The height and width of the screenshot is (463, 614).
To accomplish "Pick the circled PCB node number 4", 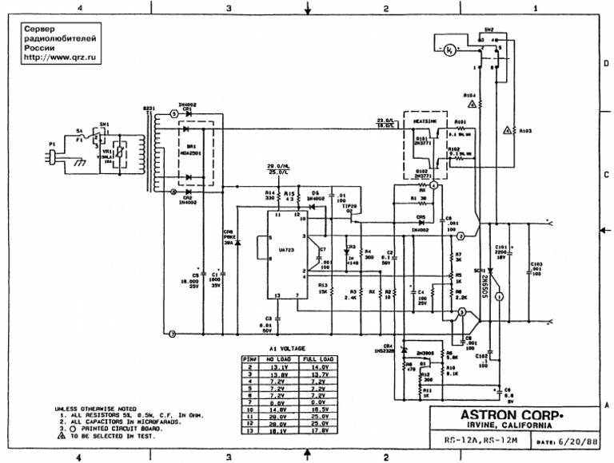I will tap(433, 184).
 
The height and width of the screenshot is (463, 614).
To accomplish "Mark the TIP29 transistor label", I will tap(349, 205).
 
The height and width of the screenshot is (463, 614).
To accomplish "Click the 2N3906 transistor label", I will tap(424, 352).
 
